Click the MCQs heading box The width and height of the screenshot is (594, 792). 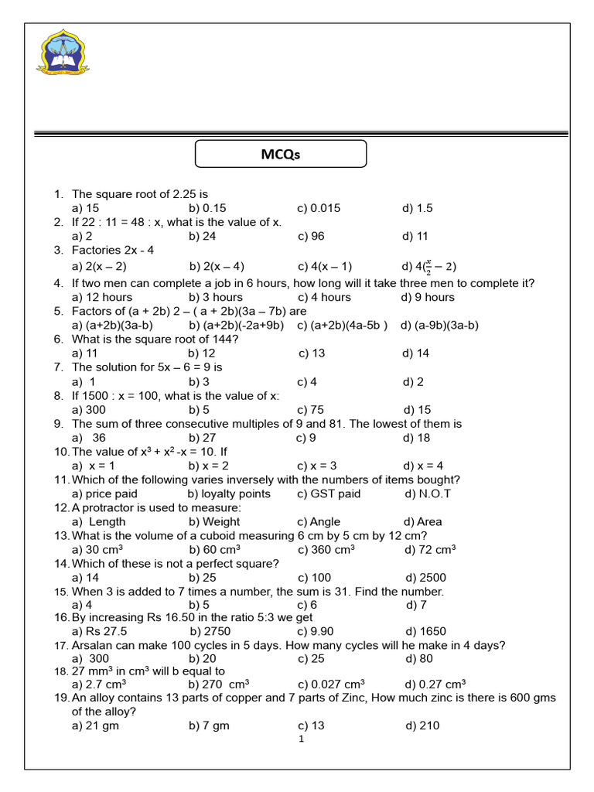(x=280, y=155)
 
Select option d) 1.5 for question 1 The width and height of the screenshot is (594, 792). (x=417, y=208)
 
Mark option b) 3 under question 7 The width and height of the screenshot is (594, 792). (x=199, y=381)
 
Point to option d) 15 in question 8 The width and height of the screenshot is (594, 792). (x=418, y=409)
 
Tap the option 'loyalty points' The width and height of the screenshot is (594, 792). (x=229, y=493)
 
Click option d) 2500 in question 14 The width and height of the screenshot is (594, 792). (x=425, y=577)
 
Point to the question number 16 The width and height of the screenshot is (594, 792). (x=61, y=617)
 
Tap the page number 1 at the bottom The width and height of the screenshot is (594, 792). (x=301, y=739)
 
